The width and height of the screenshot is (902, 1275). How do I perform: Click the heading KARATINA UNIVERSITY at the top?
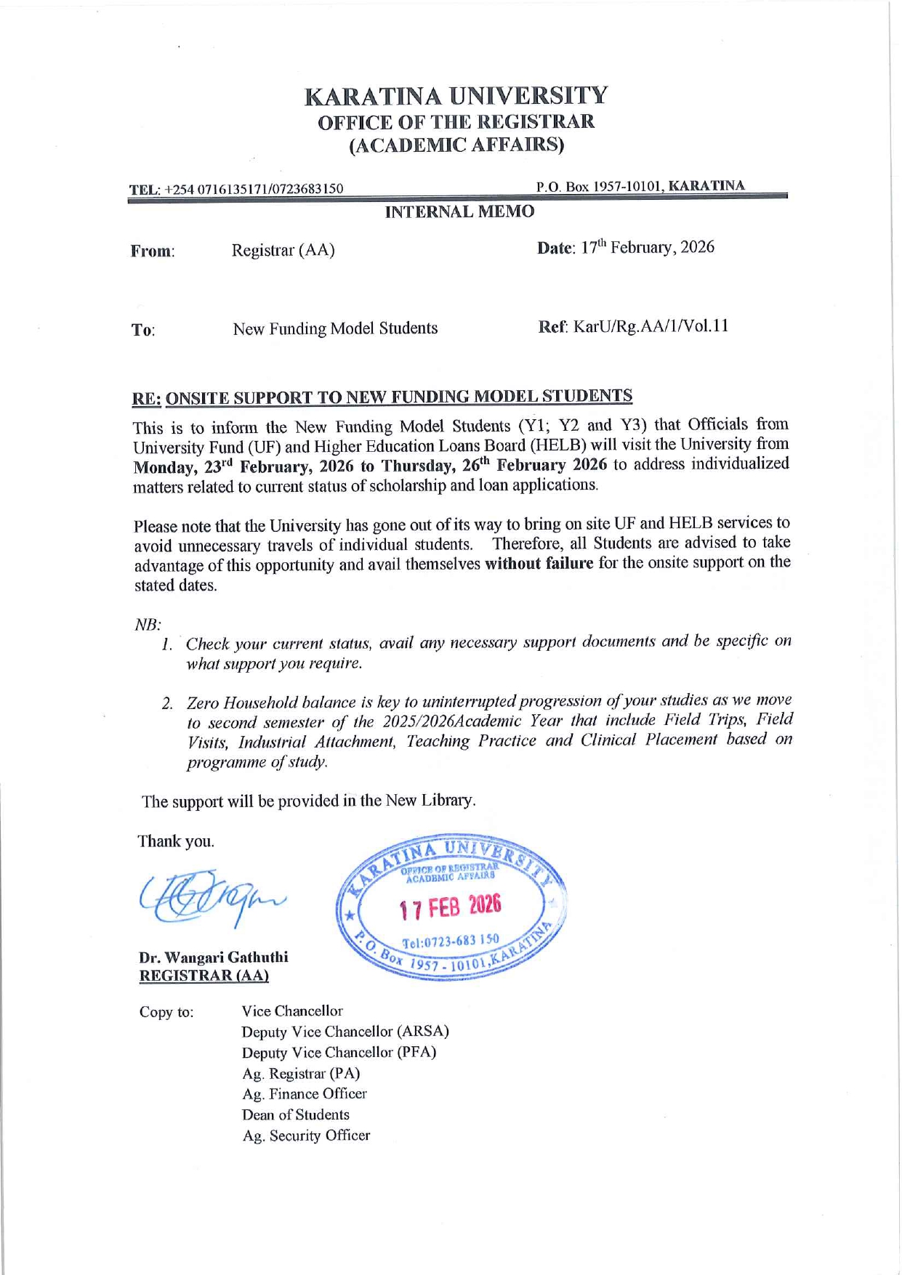coord(456,96)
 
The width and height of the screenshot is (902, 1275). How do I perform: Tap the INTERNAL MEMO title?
coord(459,211)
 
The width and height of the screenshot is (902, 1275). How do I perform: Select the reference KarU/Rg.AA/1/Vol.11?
coord(651,326)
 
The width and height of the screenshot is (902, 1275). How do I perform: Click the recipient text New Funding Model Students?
coord(335,329)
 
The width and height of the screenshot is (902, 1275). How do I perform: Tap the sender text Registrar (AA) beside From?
coord(283,251)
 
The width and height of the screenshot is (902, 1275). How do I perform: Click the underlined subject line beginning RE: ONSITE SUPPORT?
coord(382,397)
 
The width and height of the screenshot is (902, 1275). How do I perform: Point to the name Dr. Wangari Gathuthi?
coord(214,957)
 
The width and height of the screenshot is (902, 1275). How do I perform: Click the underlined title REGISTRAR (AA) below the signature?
coord(204,976)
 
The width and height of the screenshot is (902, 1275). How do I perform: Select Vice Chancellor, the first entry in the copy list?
coord(292,1011)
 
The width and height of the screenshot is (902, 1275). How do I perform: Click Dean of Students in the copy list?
coord(295,1114)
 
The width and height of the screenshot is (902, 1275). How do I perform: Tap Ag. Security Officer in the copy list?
coord(306,1136)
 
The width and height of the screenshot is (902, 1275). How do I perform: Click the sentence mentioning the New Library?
coord(309,801)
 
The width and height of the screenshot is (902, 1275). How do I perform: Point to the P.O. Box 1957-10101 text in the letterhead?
coord(599,187)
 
